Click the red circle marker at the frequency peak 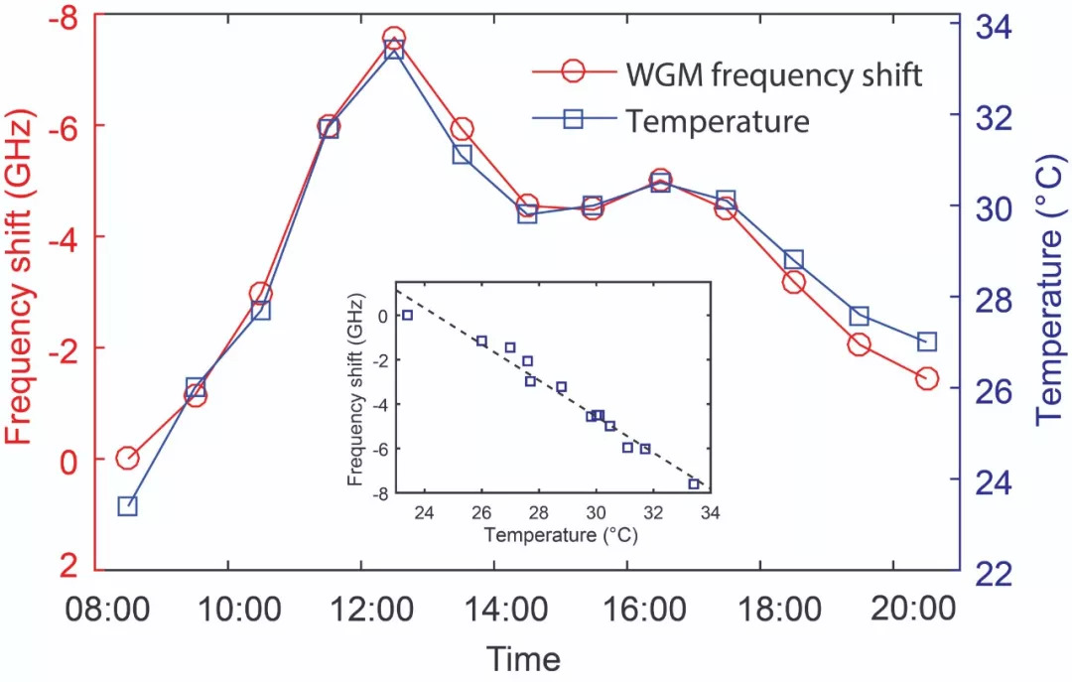pos(394,40)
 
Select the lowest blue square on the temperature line pos(127,505)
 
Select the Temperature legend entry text pos(718,121)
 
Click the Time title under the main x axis pos(523,657)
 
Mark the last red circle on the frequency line pos(927,378)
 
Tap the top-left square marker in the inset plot pos(407,315)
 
